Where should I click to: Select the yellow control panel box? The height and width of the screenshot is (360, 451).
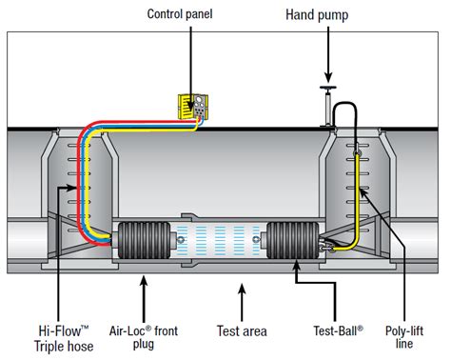[196, 108]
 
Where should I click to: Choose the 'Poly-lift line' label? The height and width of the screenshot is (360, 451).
[403, 337]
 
